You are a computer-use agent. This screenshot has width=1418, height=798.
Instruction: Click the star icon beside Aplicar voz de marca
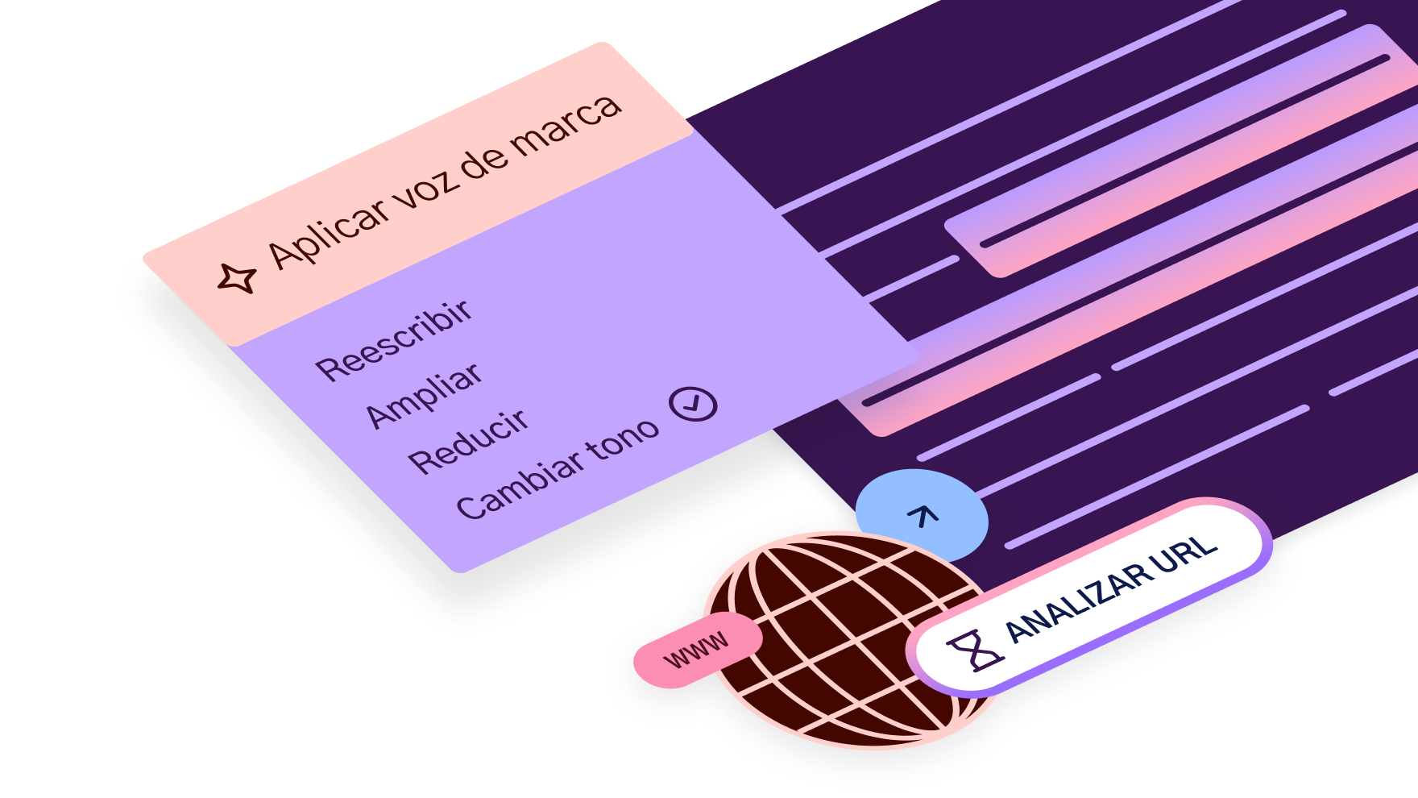click(x=237, y=279)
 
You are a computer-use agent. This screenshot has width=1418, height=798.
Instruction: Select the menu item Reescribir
click(x=394, y=339)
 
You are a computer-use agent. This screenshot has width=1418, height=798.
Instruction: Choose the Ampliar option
click(x=425, y=395)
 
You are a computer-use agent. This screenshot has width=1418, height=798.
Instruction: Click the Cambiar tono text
click(x=558, y=469)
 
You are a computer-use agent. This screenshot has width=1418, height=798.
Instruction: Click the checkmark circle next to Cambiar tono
click(x=694, y=404)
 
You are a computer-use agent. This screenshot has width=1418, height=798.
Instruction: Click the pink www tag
click(x=698, y=650)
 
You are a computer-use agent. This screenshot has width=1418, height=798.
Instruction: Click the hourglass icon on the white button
click(x=975, y=650)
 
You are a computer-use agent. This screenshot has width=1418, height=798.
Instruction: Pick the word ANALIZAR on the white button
click(x=1079, y=601)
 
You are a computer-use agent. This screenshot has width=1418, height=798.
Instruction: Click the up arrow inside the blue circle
click(x=923, y=515)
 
